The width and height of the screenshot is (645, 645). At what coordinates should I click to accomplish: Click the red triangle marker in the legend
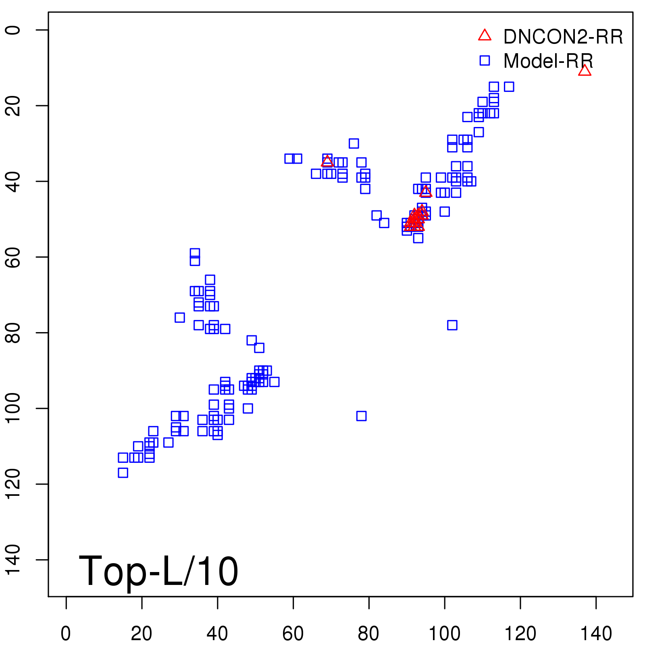pos(485,35)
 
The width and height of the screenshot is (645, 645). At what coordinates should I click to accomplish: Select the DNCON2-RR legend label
pos(563,37)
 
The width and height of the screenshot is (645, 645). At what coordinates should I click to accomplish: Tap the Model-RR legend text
pos(548,61)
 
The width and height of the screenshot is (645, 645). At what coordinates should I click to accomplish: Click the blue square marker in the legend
pos(485,60)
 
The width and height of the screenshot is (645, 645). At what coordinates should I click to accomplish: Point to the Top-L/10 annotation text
pos(158,571)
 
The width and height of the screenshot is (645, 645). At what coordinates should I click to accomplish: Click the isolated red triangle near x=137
pos(585,71)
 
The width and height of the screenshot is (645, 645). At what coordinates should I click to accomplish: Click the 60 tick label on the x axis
pos(293,634)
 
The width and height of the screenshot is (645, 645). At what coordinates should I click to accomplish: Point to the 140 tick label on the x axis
pos(596,634)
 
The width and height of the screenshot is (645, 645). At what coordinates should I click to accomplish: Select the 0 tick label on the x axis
pos(66,634)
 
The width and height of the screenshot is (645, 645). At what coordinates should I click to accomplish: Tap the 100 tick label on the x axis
pos(444,634)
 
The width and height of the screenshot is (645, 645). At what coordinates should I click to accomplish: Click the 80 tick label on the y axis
pos(13,333)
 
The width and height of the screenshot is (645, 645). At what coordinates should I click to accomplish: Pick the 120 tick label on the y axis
pos(13,484)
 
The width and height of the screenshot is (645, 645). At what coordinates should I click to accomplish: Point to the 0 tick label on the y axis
pos(13,30)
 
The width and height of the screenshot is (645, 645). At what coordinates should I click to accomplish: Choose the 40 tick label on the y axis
pos(13,181)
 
